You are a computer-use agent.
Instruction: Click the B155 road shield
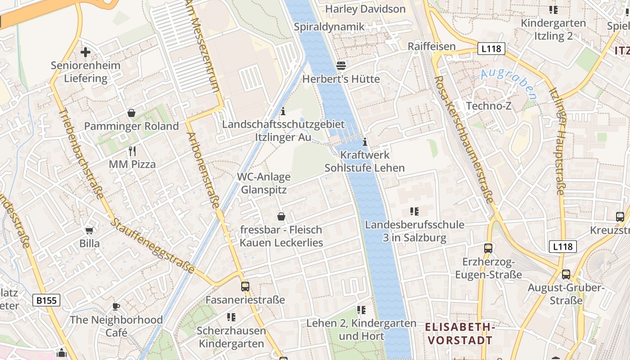46,300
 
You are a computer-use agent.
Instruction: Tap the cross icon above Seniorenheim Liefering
85,52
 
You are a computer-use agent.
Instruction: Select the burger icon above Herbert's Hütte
341,66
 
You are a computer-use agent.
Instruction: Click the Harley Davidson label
365,9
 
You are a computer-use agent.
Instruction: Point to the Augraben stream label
508,84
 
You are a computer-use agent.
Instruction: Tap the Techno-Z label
489,106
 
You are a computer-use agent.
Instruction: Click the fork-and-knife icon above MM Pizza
132,151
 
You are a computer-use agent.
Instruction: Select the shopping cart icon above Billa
89,230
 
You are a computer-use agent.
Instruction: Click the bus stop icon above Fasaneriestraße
245,286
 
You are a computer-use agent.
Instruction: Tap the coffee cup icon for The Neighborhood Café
116,307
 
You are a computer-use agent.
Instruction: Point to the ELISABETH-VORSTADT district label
460,333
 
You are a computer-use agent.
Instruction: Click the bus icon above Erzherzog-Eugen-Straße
488,248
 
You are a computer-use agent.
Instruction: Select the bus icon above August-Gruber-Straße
566,274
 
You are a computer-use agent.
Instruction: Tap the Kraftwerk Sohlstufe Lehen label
364,162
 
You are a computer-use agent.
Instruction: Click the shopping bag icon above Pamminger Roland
131,113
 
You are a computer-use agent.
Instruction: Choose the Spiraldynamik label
329,27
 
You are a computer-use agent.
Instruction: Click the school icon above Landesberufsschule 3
414,211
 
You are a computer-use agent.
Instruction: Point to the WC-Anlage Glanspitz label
264,183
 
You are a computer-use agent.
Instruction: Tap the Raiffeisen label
432,46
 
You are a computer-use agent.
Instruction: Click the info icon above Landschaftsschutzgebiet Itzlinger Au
283,111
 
